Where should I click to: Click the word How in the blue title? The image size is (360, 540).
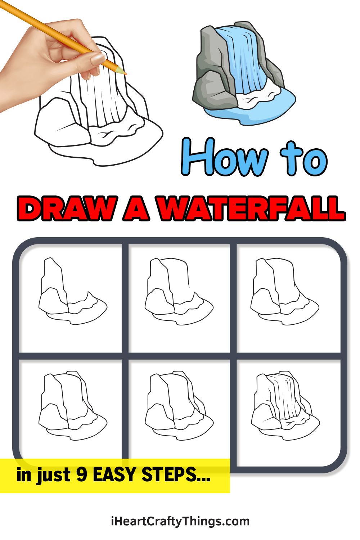pos(225,157)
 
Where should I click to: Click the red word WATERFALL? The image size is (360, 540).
pos(251,208)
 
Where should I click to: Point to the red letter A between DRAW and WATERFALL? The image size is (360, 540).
pos(136,208)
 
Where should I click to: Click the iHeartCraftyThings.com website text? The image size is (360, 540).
pos(180,521)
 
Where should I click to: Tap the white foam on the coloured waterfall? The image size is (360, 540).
pos(256,95)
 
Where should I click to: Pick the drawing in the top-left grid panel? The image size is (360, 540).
pos(73,291)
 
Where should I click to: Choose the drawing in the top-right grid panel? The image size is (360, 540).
pos(285,292)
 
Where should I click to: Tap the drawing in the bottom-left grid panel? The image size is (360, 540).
pos(73,405)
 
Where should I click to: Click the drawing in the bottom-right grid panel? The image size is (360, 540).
pos(285,405)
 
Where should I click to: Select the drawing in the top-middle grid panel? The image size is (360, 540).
pos(179,292)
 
